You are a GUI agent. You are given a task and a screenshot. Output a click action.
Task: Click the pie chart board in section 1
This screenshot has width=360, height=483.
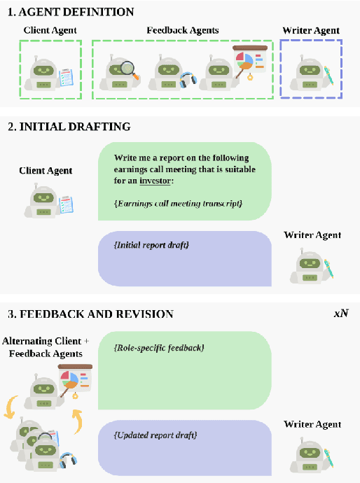pyautogui.click(x=249, y=62)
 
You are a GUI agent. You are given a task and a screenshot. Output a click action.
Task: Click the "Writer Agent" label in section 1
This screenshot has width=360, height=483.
pyautogui.click(x=311, y=30)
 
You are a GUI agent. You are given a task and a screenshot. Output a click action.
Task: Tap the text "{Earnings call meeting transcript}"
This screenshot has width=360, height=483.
pyautogui.click(x=177, y=203)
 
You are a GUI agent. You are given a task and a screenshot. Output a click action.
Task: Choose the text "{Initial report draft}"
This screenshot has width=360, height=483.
pyautogui.click(x=151, y=245)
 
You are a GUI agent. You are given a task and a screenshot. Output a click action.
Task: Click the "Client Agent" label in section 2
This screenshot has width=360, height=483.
pyautogui.click(x=46, y=170)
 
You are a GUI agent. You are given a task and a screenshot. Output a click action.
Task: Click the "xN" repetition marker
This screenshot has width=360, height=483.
pyautogui.click(x=341, y=313)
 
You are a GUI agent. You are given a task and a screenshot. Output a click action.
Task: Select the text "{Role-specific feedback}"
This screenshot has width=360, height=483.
pyautogui.click(x=159, y=346)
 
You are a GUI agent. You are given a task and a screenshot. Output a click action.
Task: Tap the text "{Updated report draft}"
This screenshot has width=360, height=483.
pyautogui.click(x=155, y=435)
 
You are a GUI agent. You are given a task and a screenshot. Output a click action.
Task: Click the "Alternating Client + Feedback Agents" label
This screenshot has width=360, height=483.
pyautogui.click(x=46, y=348)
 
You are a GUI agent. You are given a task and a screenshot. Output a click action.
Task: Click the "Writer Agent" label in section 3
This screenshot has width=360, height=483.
pyautogui.click(x=312, y=424)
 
